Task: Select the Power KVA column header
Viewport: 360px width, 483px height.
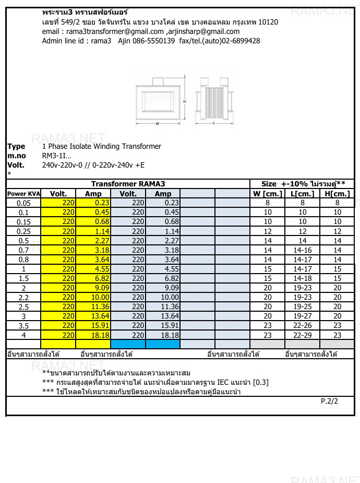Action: click(23, 194)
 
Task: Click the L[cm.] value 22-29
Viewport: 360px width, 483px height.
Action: click(302, 335)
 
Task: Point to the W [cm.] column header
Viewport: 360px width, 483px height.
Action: click(267, 194)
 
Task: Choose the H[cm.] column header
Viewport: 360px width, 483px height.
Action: click(337, 194)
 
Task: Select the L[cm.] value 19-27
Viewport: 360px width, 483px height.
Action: click(302, 316)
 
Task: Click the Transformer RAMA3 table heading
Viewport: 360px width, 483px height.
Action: click(128, 184)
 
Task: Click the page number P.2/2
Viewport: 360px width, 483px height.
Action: click(329, 402)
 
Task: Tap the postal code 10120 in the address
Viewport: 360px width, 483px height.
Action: click(267, 22)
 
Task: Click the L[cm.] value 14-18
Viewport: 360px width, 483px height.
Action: click(302, 278)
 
